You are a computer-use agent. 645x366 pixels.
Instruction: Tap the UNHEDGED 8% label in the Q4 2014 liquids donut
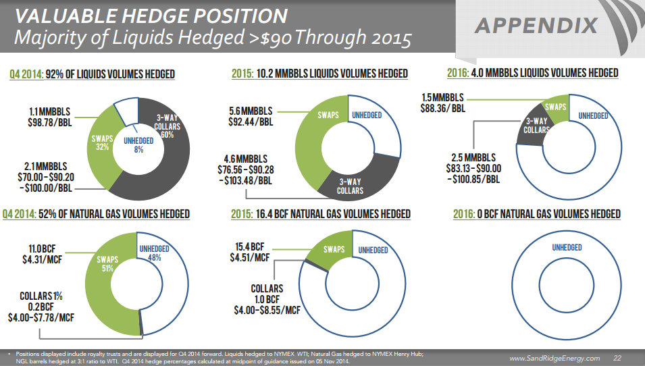point(138,145)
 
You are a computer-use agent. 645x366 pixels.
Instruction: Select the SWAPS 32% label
point(101,144)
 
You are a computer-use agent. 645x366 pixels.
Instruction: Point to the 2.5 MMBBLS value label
point(473,158)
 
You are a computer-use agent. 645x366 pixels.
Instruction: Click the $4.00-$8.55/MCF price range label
point(267,310)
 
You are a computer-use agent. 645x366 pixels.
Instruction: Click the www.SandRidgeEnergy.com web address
point(554,358)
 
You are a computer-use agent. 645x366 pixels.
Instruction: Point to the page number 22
point(617,358)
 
